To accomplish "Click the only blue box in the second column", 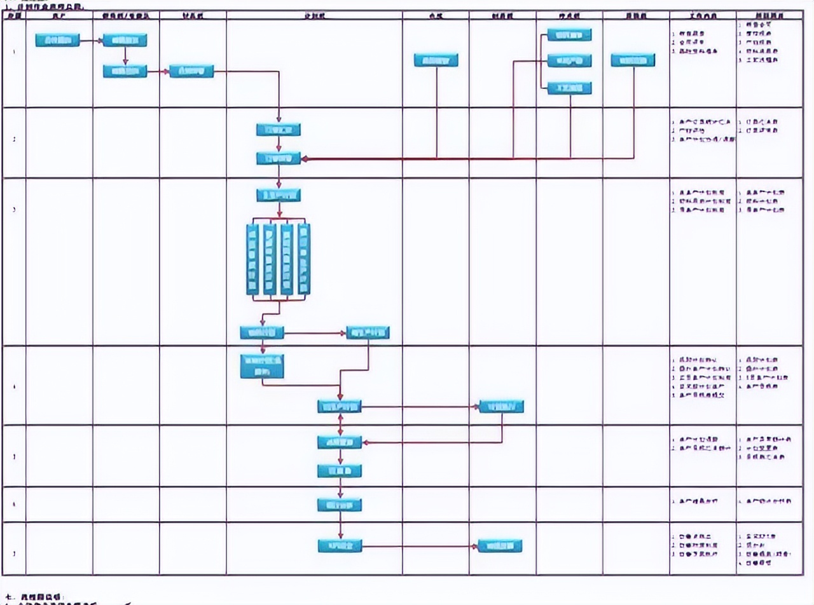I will pos(57,41).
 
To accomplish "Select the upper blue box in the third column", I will pos(125,41).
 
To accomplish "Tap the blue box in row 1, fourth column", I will pos(191,71).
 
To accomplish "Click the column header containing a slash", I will pos(125,15).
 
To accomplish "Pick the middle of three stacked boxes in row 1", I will pos(569,61).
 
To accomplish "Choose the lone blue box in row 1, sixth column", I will pos(436,60).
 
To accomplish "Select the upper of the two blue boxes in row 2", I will pos(279,130).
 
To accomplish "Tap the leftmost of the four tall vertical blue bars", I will pos(252,259).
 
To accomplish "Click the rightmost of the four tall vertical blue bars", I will pos(304,259).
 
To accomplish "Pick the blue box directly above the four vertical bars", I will pos(279,195).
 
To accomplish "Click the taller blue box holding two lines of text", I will pos(262,366).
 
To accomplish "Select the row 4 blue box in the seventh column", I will pos(502,406).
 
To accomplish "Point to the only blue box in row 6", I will pos(340,505).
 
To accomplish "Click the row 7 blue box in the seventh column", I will pos(500,546).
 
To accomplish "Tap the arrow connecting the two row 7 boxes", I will pos(420,546).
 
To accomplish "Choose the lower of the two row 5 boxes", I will pos(340,470).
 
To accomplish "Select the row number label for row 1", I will pos(15,51).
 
